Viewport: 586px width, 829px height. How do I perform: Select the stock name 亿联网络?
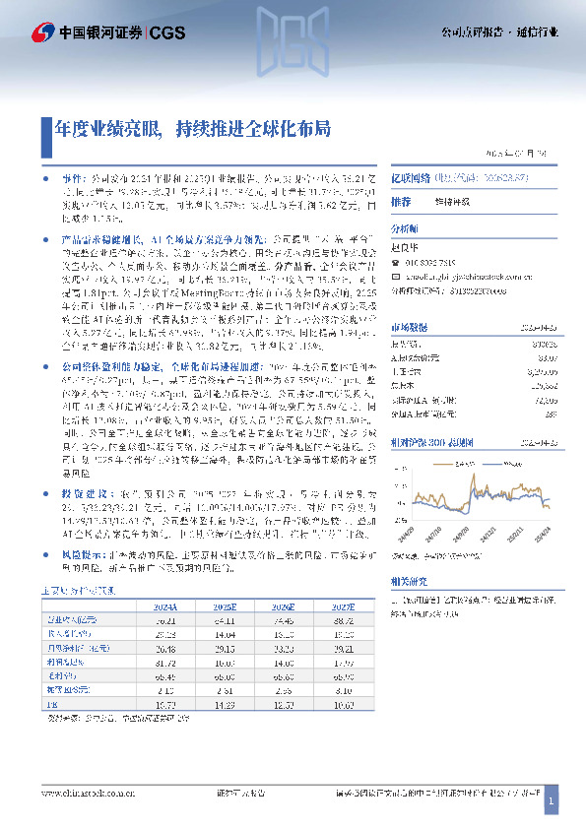click(x=412, y=178)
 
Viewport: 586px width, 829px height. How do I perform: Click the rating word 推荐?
click(x=401, y=201)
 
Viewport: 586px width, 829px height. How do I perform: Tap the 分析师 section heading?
click(x=406, y=225)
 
